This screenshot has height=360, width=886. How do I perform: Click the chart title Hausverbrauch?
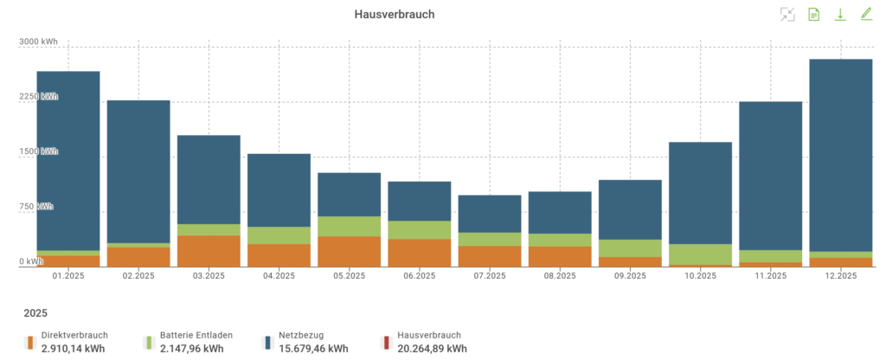394,15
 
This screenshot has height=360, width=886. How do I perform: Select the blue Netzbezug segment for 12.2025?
840,156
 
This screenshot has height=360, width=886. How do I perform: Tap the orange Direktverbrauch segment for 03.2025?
209,250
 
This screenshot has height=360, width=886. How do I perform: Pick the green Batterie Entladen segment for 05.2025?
350,226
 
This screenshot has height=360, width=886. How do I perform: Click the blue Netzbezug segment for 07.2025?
490,214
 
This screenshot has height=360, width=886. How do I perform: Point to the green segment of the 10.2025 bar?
700,254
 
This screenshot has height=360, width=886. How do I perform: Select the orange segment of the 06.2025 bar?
420,252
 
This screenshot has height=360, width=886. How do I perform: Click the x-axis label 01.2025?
67,276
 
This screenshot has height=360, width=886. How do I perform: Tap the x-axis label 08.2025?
560,276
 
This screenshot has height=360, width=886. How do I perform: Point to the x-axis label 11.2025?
770,276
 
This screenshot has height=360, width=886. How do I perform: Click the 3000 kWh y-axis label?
40,42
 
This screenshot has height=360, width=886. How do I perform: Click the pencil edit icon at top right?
866,14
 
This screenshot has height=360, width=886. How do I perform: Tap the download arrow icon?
839,14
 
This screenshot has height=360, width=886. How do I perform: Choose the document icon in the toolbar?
813,14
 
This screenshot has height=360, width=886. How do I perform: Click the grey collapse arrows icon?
786,14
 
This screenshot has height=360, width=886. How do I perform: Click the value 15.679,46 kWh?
312,349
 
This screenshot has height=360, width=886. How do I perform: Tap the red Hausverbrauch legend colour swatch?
387,343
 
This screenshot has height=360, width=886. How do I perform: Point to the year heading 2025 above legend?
35,312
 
